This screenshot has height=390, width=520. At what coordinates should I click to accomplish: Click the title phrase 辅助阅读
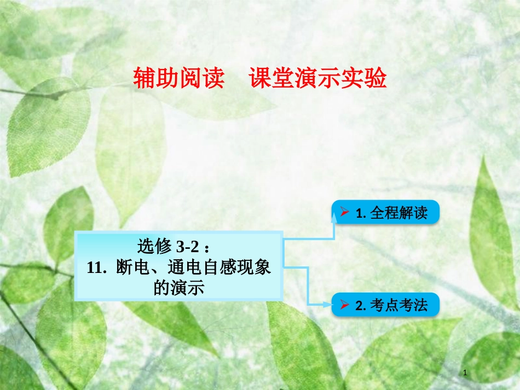179,79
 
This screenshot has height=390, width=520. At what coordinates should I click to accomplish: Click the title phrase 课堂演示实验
318,79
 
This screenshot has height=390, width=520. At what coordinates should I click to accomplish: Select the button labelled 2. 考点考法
385,305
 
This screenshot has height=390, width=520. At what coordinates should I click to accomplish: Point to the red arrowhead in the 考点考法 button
345,305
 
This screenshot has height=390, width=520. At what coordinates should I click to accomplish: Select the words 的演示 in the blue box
178,288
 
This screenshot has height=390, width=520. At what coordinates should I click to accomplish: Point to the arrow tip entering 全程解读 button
334,215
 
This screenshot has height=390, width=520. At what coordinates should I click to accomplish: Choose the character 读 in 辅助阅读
214,79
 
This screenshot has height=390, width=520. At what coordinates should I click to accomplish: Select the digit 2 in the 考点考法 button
359,305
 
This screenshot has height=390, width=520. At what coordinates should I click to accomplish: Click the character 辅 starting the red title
145,79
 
